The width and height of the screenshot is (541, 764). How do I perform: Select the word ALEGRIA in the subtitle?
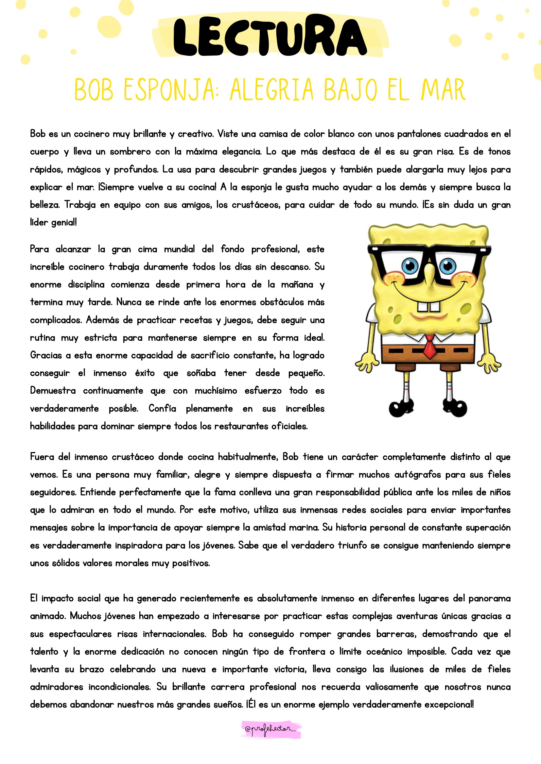(271, 89)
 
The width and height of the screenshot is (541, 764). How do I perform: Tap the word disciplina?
(86, 284)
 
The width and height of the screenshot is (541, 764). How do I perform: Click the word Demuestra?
(53, 391)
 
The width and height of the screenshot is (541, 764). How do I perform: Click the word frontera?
(307, 652)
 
